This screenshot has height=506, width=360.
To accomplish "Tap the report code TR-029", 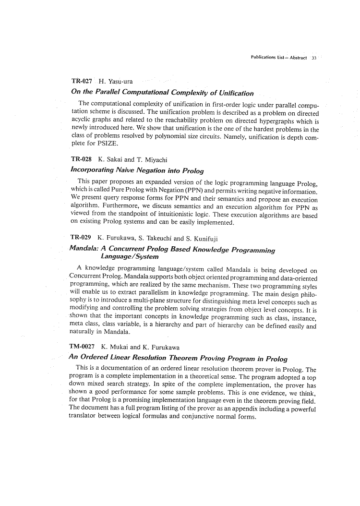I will (x=81, y=237).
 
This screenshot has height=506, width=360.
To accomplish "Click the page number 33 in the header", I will (x=314, y=58).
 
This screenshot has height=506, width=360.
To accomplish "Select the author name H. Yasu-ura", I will (x=113, y=83).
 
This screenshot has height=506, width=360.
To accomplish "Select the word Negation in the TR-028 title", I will (x=142, y=170).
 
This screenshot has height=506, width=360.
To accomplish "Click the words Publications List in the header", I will (x=267, y=58).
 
